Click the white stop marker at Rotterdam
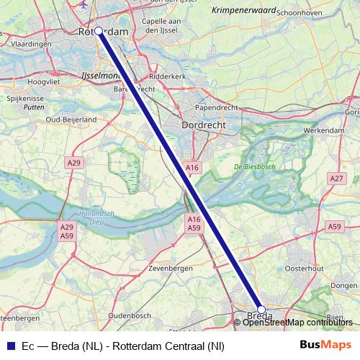[99, 32]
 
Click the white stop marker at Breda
[261, 310]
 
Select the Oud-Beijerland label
[71, 119]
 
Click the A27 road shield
[336, 178]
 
